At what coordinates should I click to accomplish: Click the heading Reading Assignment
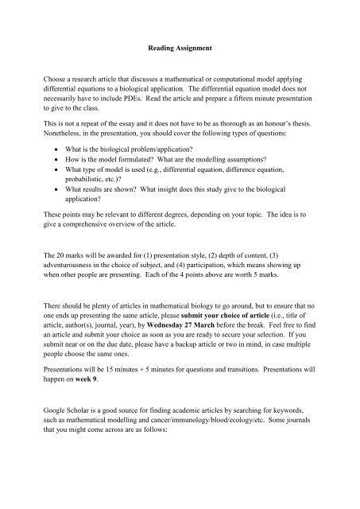click(x=180, y=48)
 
